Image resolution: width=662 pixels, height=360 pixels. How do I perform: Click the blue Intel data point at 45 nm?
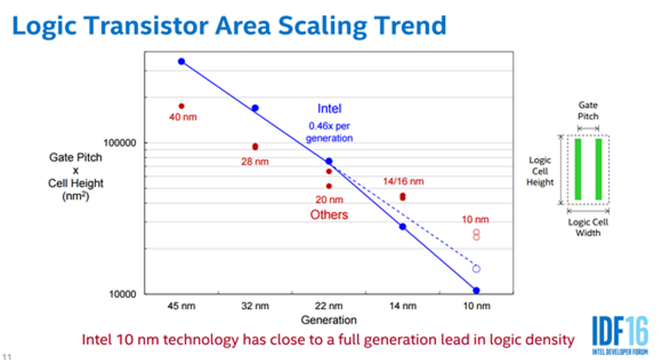(x=181, y=62)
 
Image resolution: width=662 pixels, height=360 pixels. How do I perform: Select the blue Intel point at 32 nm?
(x=255, y=108)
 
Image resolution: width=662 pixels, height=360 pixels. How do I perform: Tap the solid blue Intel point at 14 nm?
(x=402, y=227)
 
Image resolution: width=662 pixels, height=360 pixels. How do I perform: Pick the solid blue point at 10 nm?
(x=476, y=290)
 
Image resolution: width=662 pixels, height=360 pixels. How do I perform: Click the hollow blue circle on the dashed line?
(x=476, y=265)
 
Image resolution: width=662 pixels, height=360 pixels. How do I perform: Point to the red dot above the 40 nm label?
(x=181, y=106)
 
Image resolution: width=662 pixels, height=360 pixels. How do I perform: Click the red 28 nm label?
(x=255, y=162)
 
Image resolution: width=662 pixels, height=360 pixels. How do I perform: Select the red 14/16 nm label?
(x=403, y=181)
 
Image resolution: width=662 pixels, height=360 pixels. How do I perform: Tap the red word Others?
(x=329, y=215)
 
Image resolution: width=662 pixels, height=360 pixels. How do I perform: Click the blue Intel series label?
(x=329, y=109)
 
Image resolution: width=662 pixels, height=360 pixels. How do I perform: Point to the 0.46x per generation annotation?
(x=329, y=132)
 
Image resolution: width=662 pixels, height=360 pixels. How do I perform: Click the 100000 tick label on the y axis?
(x=120, y=143)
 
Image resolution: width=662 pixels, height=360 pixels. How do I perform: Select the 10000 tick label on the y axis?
(x=122, y=294)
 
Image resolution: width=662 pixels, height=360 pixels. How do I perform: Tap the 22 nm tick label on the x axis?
(x=329, y=305)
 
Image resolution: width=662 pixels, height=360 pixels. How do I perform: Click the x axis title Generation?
(x=329, y=320)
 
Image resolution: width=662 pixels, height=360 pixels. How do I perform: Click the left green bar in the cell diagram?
(x=578, y=169)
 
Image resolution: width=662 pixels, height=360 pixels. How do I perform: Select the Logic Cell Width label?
(x=588, y=228)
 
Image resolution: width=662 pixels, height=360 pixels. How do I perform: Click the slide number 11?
(x=7, y=356)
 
